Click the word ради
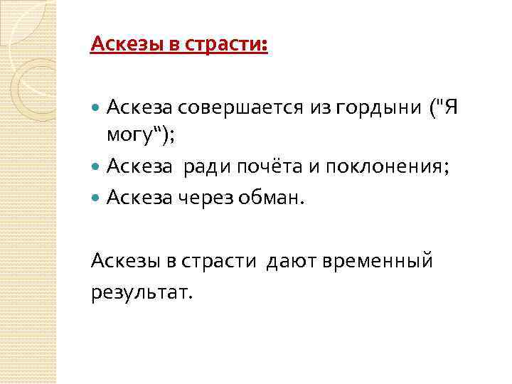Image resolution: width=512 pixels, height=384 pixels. coord(207,166)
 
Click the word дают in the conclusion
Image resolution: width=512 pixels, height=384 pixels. coord(292,262)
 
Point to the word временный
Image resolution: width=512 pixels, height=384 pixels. coord(378,262)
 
